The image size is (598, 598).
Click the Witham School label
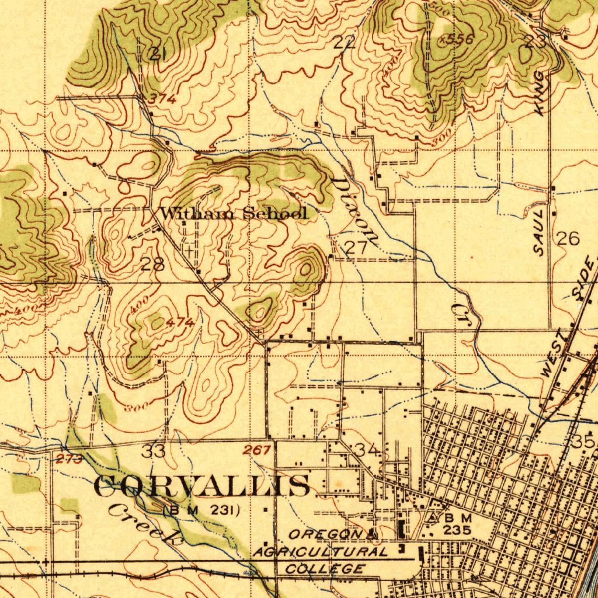pos(234,214)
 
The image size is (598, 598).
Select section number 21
pos(157,54)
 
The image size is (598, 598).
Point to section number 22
pos(344,41)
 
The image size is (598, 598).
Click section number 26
pos(568,238)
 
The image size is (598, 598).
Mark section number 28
pos(152,264)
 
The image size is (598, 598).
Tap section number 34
pos(368,450)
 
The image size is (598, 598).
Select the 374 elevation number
pos(161,99)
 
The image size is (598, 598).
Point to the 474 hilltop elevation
pos(179,322)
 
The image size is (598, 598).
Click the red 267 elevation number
pos(257,450)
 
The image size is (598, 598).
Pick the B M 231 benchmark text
pos(202,510)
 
